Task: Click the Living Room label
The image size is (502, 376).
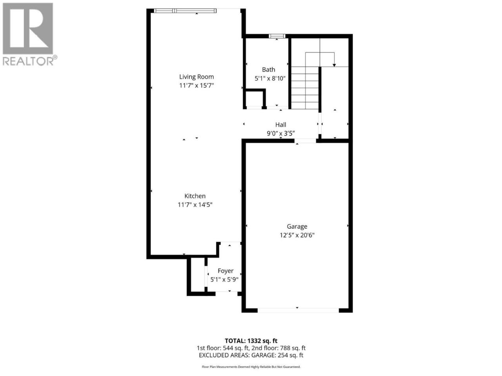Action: click(x=196, y=77)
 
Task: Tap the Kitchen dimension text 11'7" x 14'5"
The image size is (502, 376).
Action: click(x=195, y=204)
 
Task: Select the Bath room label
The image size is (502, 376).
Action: click(x=268, y=69)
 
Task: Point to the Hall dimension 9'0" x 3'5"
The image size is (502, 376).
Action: click(x=281, y=133)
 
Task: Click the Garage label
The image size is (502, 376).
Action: click(x=297, y=226)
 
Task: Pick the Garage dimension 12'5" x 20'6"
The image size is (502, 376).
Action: click(x=297, y=235)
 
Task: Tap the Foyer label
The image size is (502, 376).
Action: click(x=225, y=271)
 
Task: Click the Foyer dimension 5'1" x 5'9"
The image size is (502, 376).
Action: click(x=224, y=279)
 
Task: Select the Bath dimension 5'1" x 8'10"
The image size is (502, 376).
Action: click(x=270, y=79)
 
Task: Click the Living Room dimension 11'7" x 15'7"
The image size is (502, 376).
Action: click(x=196, y=85)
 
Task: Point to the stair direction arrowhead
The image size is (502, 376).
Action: click(x=334, y=65)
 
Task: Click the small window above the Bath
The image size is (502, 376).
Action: click(x=277, y=36)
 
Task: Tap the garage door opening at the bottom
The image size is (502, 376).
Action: click(x=298, y=310)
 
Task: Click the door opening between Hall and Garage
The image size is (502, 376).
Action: click(x=305, y=141)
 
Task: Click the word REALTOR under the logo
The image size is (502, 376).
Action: click(x=28, y=61)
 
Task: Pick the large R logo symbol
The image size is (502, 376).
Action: click(x=28, y=29)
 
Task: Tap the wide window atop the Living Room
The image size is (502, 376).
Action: click(x=185, y=11)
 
